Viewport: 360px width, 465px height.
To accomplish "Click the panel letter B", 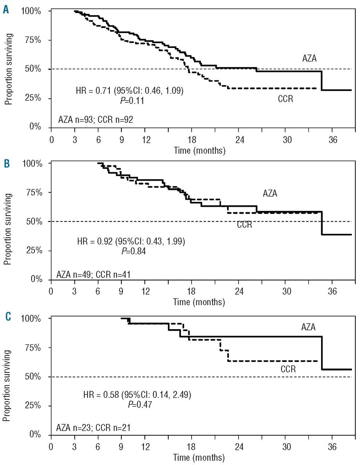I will (7, 164).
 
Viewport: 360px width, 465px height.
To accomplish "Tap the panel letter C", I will (8, 317).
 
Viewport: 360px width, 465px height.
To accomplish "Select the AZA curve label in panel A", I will (309, 58).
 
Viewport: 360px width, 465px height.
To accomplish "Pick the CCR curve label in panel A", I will (285, 99).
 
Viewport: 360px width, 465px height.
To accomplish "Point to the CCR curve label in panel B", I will (244, 225).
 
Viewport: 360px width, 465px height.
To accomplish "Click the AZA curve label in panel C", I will (308, 327).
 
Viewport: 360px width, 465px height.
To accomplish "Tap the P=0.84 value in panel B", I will (133, 251).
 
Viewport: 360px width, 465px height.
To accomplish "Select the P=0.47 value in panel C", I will (140, 404).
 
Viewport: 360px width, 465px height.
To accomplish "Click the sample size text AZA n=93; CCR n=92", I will (96, 120).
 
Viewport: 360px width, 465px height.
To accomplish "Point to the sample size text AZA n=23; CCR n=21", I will (93, 428).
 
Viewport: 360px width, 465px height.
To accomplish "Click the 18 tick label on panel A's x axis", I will (192, 140).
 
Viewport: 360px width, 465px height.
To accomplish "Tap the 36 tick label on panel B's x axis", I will (333, 291).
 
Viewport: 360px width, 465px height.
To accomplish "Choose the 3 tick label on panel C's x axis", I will (75, 446).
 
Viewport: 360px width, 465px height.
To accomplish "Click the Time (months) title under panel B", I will (199, 302).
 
